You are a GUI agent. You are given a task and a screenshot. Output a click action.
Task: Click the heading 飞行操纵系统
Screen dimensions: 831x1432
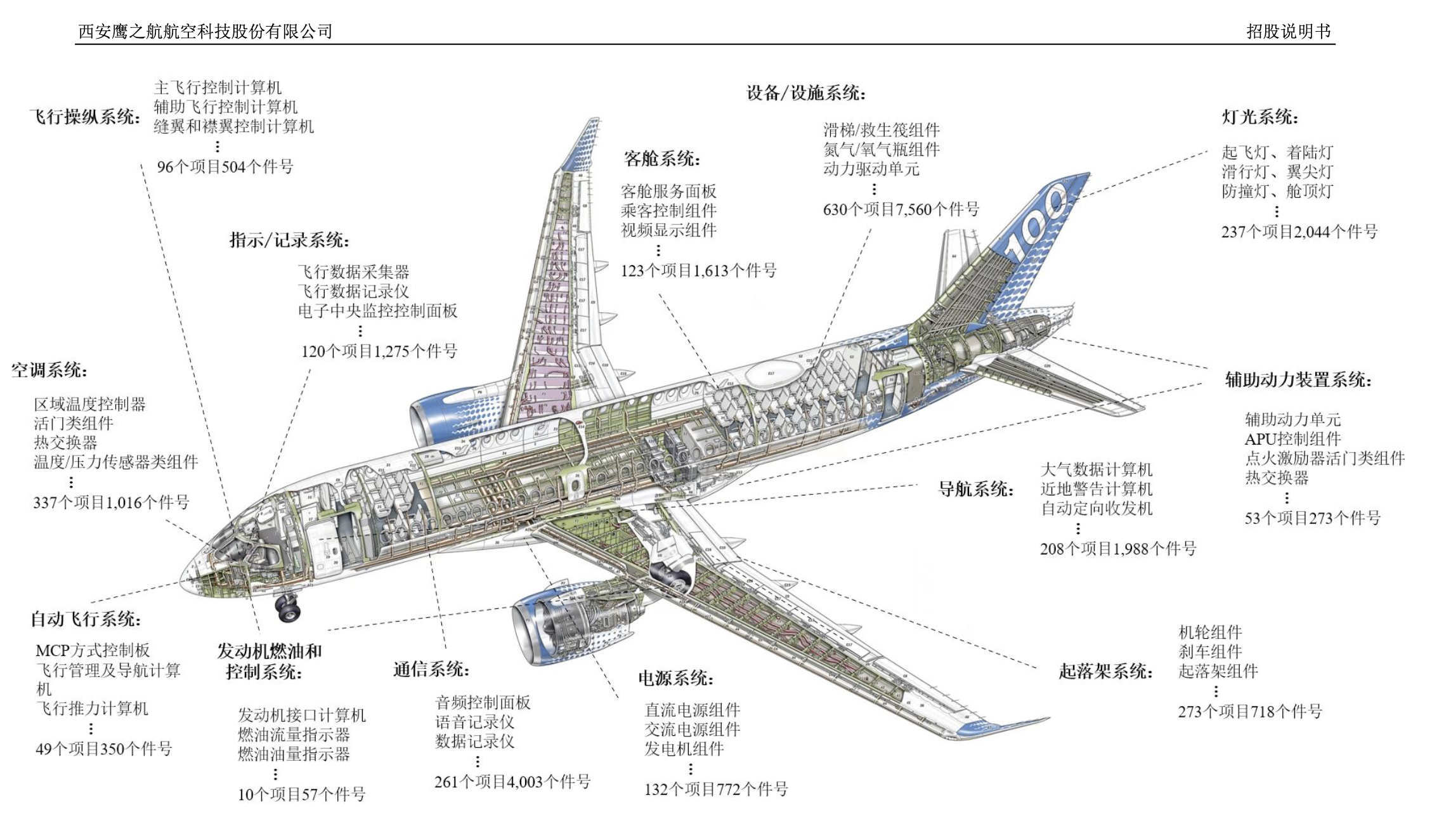point(84,117)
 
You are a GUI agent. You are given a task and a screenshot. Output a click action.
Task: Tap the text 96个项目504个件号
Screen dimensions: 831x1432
point(225,167)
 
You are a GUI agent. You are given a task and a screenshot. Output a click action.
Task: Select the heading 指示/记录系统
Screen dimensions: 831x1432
point(289,240)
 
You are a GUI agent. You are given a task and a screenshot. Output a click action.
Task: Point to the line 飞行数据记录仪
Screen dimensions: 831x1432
point(353,291)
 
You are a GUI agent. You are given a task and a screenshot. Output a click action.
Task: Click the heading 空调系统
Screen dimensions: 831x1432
point(49,370)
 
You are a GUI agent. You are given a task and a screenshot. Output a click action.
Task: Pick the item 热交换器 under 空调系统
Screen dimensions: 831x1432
point(65,442)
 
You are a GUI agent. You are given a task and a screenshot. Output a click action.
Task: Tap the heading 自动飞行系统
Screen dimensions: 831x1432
point(86,619)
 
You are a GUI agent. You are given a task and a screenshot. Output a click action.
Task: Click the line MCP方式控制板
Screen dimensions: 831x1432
point(93,650)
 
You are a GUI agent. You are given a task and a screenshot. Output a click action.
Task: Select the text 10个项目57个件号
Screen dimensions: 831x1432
point(301,794)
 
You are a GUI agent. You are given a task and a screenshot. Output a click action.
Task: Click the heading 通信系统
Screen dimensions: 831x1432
point(431,669)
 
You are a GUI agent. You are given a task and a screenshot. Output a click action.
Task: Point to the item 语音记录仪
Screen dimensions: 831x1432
point(474,722)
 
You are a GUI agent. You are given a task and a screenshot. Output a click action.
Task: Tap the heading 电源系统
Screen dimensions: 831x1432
point(676,678)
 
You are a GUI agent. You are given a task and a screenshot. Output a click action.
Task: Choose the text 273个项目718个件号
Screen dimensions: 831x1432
point(1250,712)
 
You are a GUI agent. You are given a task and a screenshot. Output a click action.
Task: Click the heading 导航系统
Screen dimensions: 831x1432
point(976,489)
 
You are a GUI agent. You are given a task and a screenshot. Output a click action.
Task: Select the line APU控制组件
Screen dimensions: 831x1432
point(1292,439)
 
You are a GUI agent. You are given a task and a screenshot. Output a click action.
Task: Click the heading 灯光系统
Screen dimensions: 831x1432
point(1260,117)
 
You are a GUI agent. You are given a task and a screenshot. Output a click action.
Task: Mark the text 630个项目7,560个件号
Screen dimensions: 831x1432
point(901,209)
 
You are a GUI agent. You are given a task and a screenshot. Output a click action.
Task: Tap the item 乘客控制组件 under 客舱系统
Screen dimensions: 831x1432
point(668,211)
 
